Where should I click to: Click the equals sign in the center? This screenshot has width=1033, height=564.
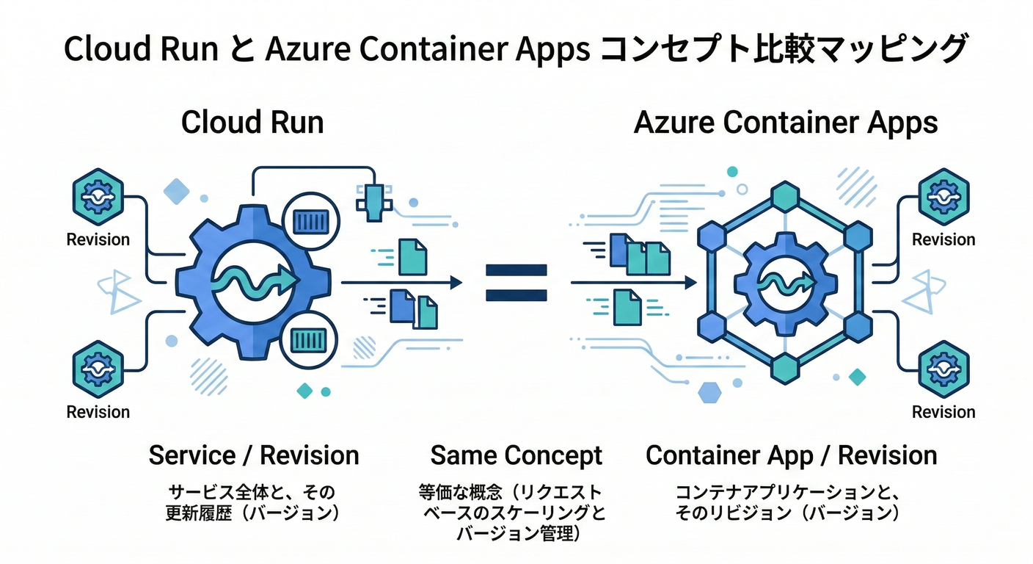(x=516, y=283)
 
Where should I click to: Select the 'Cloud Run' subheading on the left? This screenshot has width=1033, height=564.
(x=252, y=122)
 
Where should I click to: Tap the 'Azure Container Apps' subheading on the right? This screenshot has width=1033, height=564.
(x=785, y=123)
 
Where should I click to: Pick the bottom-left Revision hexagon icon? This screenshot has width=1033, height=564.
(x=98, y=369)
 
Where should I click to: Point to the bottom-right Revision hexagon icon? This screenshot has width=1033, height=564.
(x=943, y=369)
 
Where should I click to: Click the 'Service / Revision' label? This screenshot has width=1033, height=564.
(x=254, y=455)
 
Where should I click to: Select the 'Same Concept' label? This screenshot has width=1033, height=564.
(x=516, y=455)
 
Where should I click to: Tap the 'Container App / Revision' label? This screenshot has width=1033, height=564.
(x=791, y=455)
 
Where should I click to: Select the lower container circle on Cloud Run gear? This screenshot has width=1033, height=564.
(x=309, y=339)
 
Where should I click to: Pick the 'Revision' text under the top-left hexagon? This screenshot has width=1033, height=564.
(x=98, y=240)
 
